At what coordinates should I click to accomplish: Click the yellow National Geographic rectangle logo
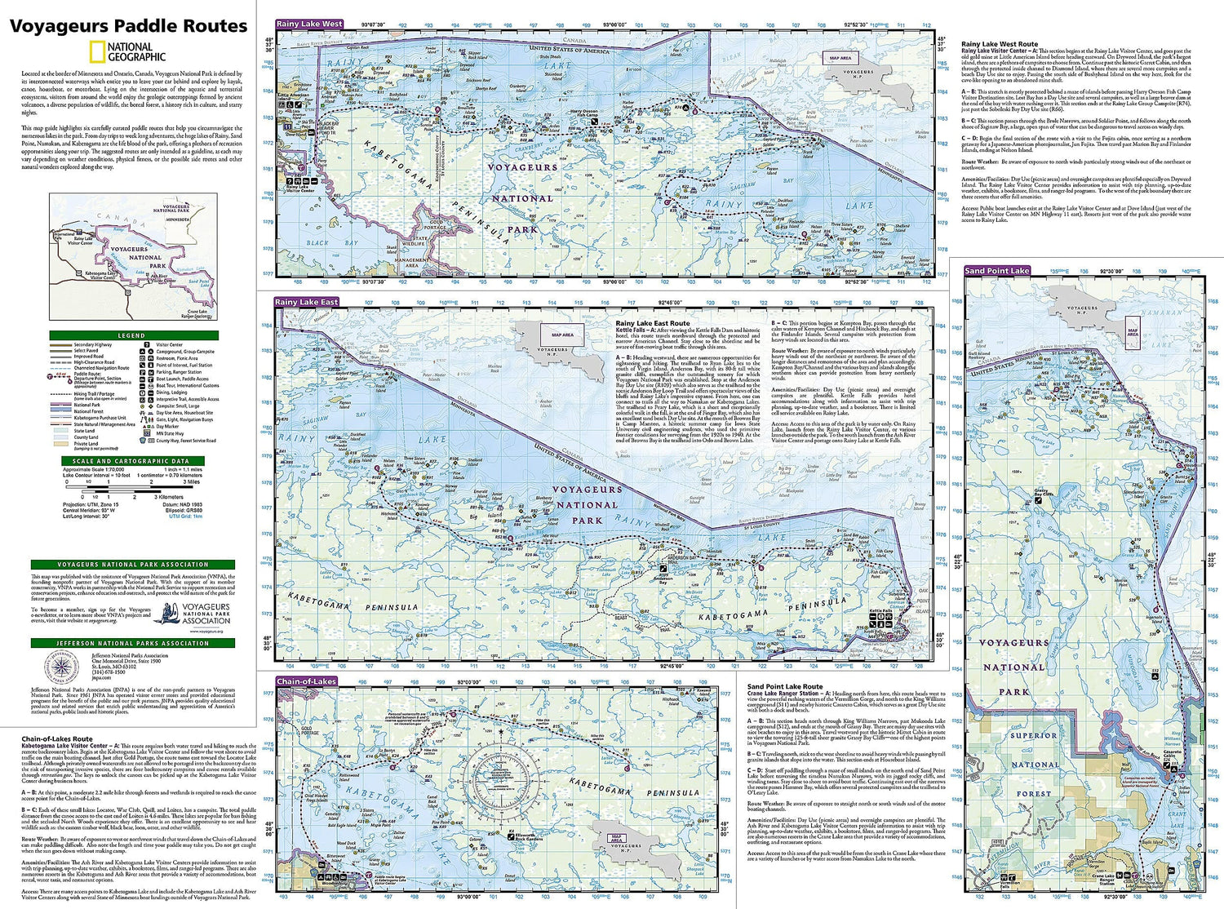tap(98, 52)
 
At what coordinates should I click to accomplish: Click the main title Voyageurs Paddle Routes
tap(128, 27)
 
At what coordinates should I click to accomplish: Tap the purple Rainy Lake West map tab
tap(309, 24)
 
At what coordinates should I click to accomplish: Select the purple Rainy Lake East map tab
tap(306, 302)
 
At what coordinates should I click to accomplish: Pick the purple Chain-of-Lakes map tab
tap(306, 681)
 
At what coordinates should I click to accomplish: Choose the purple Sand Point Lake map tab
tap(997, 271)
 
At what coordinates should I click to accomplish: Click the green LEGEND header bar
tap(131, 335)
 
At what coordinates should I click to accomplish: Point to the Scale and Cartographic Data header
tap(131, 461)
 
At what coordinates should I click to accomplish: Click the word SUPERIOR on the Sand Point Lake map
tap(1033, 736)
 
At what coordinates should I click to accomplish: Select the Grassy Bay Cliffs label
tap(1044, 494)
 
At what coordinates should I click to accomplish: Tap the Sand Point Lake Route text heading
tap(785, 687)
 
